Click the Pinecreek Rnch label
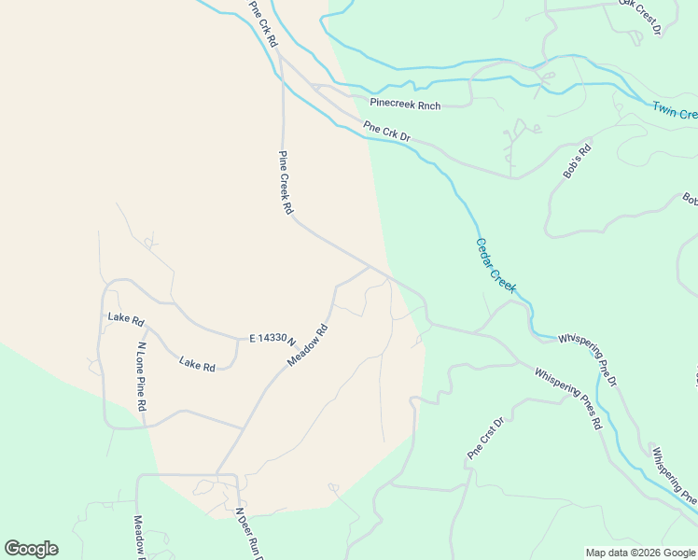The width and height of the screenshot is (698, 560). click(405, 105)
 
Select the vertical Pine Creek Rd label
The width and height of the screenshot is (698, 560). click(286, 184)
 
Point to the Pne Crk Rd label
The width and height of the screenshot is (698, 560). click(264, 24)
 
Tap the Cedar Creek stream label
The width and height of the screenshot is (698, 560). click(496, 266)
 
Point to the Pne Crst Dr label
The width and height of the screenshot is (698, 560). click(485, 439)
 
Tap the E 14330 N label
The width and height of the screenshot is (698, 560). click(272, 340)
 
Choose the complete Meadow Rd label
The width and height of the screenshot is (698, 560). click(308, 344)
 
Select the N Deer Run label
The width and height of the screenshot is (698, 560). click(248, 534)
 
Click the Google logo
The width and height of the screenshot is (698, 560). click(31, 549)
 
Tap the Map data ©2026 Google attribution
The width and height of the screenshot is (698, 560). click(640, 553)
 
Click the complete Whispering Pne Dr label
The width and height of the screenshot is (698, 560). click(587, 358)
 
